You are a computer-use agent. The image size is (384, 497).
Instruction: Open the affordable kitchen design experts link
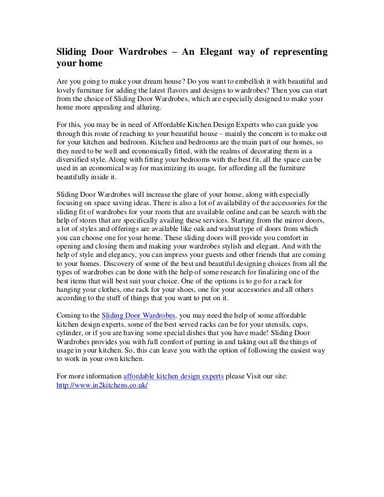click(x=173, y=375)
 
